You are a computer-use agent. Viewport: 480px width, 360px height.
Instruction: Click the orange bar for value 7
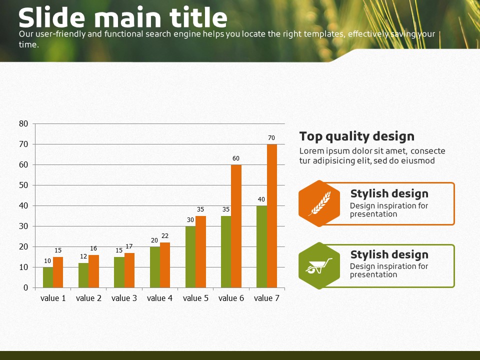tap(272, 216)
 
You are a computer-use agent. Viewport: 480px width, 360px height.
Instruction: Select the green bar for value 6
tap(226, 251)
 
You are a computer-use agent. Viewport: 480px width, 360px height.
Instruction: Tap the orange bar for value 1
tap(58, 272)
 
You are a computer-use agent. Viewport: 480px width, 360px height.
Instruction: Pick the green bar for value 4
tap(155, 267)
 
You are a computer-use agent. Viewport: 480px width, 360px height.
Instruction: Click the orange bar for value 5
tap(200, 251)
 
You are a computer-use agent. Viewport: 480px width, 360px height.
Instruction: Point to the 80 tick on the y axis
tap(23, 123)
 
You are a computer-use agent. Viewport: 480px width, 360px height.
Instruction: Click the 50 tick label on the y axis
tap(23, 185)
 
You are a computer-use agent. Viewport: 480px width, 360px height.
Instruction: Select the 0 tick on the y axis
tap(25, 288)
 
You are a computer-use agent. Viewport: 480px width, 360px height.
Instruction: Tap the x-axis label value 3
tap(124, 298)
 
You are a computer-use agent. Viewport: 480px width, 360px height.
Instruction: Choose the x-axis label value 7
tap(266, 298)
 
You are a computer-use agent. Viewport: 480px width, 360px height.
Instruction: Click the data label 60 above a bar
tap(236, 158)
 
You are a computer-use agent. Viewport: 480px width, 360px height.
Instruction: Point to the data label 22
tap(165, 235)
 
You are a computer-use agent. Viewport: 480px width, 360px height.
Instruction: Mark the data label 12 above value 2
tap(83, 256)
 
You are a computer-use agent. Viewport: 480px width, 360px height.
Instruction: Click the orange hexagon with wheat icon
tap(319, 203)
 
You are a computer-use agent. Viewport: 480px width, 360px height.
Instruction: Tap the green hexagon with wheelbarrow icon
tap(319, 265)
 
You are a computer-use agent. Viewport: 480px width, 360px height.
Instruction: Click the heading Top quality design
tap(357, 136)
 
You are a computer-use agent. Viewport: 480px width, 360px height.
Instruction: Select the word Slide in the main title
tap(51, 17)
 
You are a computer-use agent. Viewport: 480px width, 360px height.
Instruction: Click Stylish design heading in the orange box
tap(389, 194)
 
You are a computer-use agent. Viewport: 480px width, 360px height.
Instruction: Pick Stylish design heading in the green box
tap(389, 254)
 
